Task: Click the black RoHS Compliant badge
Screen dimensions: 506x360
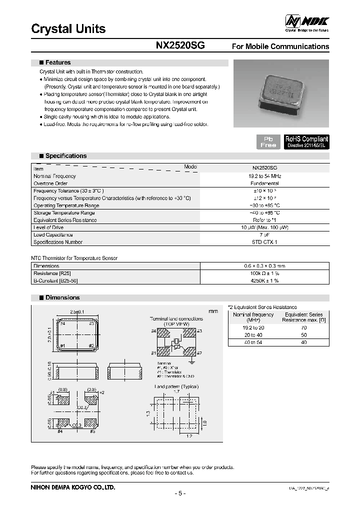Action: tap(306, 141)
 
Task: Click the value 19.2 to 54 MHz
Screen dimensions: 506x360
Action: tap(265, 176)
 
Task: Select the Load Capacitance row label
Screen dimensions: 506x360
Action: tap(53, 235)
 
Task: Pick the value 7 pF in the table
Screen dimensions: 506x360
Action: tap(265, 235)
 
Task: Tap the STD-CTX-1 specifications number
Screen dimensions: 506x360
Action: tap(265, 242)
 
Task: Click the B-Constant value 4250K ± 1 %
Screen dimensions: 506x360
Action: tap(265, 281)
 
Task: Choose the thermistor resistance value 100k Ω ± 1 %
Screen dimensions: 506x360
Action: tap(265, 273)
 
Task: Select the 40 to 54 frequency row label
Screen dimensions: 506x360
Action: tap(253, 342)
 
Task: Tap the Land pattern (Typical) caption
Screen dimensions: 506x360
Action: tap(176, 386)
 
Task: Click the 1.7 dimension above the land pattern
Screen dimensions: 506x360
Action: tap(177, 392)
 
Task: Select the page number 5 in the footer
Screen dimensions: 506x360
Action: tap(180, 493)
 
